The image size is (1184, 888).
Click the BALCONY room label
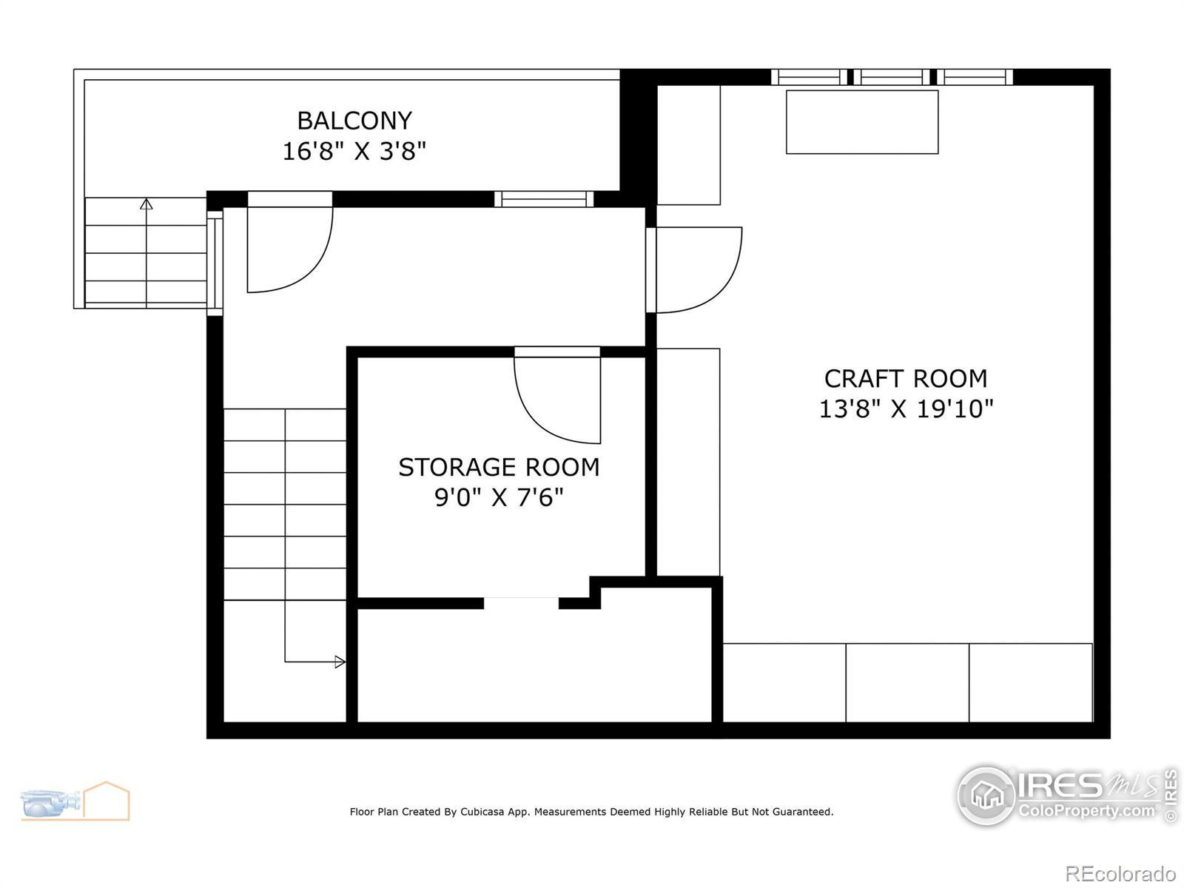coord(354,120)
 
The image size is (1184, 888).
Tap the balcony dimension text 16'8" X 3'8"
coord(354,151)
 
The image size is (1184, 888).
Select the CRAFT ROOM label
coord(906,378)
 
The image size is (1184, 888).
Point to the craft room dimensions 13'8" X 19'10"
coord(906,408)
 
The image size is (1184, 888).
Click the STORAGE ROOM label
coord(499,467)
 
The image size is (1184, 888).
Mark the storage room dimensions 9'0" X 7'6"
coord(499,497)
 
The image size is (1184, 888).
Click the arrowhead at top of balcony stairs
coord(147,203)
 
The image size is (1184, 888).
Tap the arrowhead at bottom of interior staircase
coord(340,662)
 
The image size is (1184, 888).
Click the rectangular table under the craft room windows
coord(862,122)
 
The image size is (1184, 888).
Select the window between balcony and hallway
coord(544,199)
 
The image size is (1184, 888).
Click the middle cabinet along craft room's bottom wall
coord(907,682)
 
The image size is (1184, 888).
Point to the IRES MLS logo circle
coord(987,795)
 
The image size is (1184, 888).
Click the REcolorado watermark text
coord(1120,873)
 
